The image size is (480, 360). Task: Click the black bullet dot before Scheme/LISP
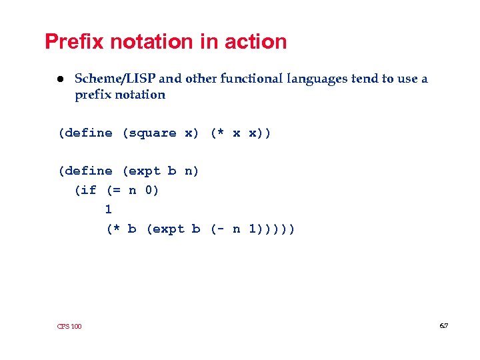click(x=59, y=79)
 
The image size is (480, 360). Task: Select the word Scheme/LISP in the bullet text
click(x=115, y=79)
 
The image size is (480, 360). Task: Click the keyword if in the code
click(x=89, y=191)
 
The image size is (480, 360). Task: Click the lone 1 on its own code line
click(x=108, y=209)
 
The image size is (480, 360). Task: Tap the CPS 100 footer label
click(x=69, y=326)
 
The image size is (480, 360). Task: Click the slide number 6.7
click(x=443, y=325)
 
